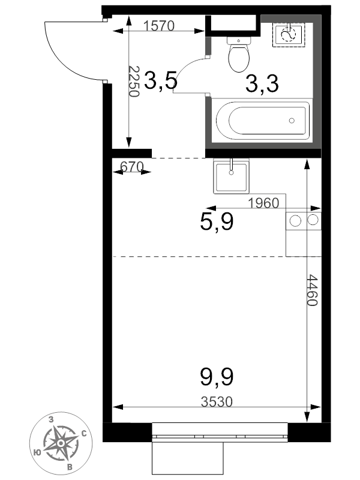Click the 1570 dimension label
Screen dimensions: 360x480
[x=158, y=26]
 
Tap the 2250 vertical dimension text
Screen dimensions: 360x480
[x=134, y=81]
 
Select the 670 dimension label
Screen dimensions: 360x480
[x=132, y=167]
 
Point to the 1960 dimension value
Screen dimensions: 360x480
[x=263, y=203]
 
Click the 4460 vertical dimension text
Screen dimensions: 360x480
[x=313, y=290]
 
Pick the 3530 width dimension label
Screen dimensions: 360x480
[x=217, y=401]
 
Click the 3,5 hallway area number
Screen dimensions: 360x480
[x=160, y=80]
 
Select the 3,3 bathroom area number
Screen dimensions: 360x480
[x=262, y=83]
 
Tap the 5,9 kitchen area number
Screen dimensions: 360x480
[x=217, y=222]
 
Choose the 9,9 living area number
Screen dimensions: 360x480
[x=217, y=377]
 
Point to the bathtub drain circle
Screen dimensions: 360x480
[x=292, y=121]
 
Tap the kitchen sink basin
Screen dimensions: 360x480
[x=231, y=177]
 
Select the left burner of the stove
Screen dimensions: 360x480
[x=295, y=221]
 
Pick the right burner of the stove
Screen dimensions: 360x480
[x=313, y=220]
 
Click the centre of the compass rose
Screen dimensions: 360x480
[x=61, y=443]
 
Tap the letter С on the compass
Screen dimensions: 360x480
[x=84, y=434]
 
